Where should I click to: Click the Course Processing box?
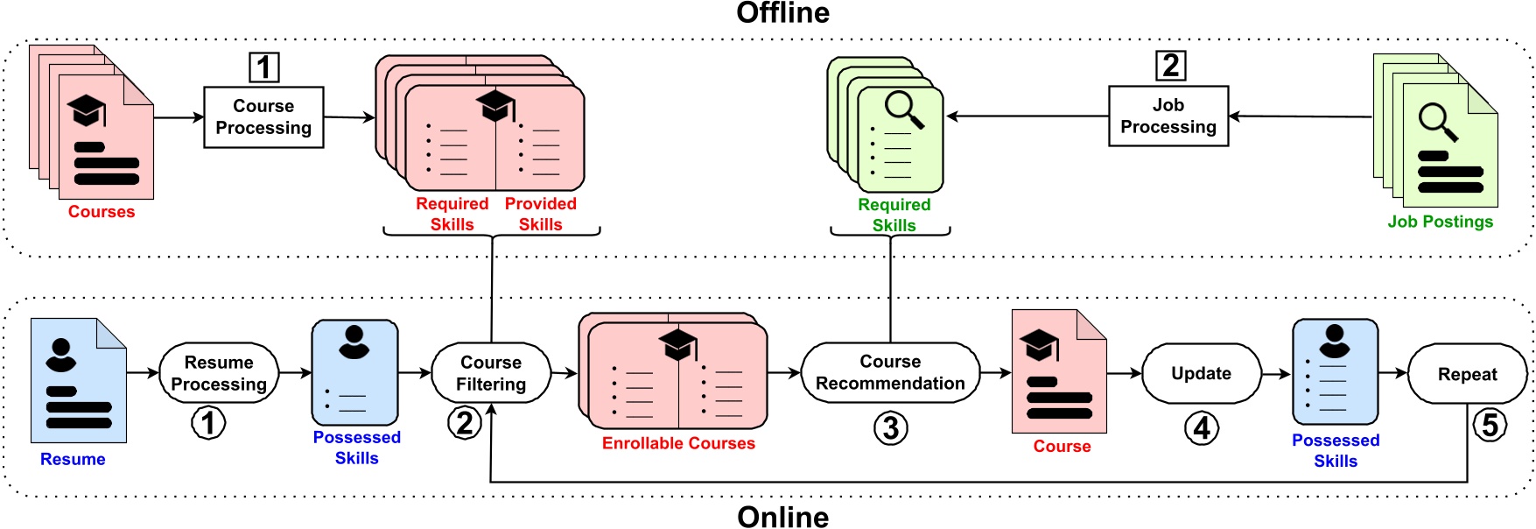(263, 116)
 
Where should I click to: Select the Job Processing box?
(1168, 116)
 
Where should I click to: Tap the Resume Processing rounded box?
(219, 373)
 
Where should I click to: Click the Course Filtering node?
(491, 373)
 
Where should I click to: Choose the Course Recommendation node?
(890, 372)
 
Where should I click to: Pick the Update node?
(1201, 373)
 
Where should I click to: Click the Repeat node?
(1467, 374)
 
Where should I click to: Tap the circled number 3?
(890, 428)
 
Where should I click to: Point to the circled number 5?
(1490, 426)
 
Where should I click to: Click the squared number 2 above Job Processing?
(1170, 66)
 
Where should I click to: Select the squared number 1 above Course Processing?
(264, 67)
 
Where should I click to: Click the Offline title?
(782, 13)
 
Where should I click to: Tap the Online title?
(782, 517)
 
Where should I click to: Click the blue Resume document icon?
(79, 380)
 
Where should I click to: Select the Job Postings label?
(1440, 222)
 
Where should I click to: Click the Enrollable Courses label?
(678, 443)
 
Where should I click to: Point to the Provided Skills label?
(540, 214)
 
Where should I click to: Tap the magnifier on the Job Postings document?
(1438, 121)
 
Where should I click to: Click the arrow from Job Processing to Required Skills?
(1028, 116)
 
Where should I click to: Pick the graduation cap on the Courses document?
(88, 111)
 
